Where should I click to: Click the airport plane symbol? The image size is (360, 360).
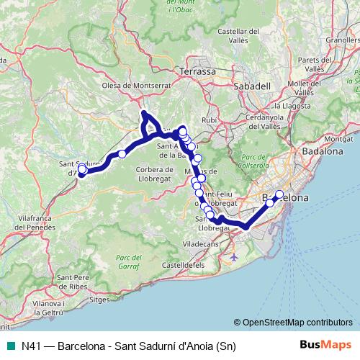pyautogui.click(x=233, y=256)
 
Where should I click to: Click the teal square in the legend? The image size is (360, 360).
pyautogui.click(x=9, y=345)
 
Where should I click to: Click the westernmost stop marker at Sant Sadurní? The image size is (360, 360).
pyautogui.click(x=82, y=170)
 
